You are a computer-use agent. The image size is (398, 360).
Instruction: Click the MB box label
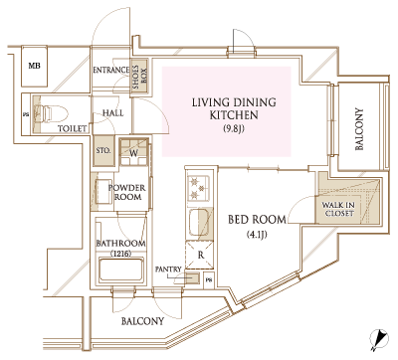click(x=34, y=66)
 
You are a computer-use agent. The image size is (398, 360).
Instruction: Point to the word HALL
click(x=112, y=113)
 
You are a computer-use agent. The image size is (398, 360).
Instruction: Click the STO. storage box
click(x=102, y=153)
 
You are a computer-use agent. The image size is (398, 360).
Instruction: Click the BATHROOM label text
click(x=120, y=244)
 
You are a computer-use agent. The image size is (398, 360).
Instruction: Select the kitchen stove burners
click(x=197, y=188)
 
